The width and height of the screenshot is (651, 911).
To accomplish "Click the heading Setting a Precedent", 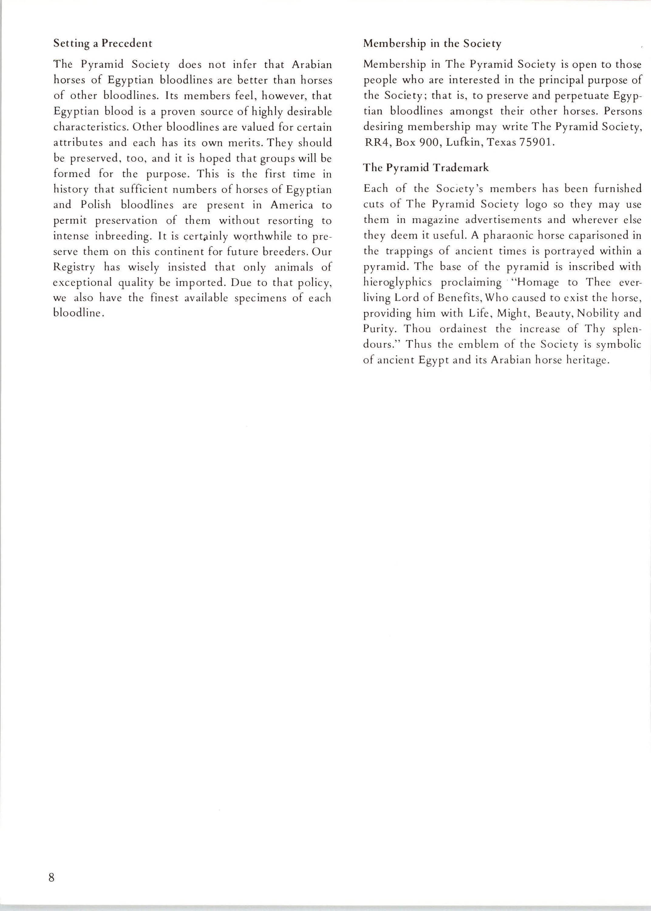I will coord(103,43).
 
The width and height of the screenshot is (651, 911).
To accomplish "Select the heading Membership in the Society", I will coord(432,44).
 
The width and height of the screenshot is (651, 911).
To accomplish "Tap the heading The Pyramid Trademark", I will coord(426,168).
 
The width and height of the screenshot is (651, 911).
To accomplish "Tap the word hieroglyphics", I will coord(397,282).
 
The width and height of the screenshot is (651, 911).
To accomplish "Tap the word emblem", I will coord(478,345).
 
